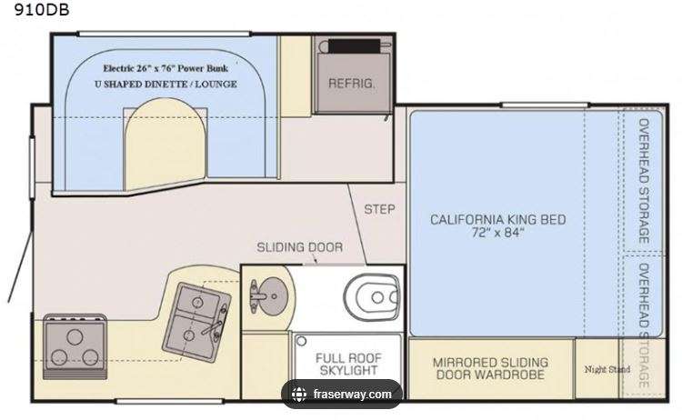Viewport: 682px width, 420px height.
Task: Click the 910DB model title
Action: point(42,10)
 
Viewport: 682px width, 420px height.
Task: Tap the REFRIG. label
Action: point(351,84)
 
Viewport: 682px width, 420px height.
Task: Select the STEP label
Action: point(379,210)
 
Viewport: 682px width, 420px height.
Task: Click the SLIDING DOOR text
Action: point(300,247)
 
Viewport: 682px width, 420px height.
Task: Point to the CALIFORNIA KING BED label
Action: point(498,220)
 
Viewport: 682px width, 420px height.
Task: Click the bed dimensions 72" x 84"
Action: point(498,233)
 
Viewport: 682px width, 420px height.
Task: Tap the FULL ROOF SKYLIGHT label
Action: point(348,365)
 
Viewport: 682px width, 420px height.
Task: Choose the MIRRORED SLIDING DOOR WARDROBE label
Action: point(491,369)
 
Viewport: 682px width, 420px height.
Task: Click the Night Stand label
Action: point(607,370)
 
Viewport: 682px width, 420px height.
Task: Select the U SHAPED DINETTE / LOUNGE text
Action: point(165,85)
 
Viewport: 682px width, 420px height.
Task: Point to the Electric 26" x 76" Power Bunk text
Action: point(165,68)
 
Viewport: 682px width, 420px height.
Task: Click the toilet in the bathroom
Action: point(371,297)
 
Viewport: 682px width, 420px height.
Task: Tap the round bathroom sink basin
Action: point(271,297)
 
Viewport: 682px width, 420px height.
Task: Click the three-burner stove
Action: point(75,347)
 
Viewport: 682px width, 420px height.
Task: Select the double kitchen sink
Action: point(196,322)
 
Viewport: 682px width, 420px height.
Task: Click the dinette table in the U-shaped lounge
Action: point(165,145)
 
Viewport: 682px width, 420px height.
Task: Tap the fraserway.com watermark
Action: point(352,395)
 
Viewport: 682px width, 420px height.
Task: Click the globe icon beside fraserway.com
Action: point(299,395)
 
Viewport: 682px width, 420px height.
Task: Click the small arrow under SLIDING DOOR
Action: point(315,260)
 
